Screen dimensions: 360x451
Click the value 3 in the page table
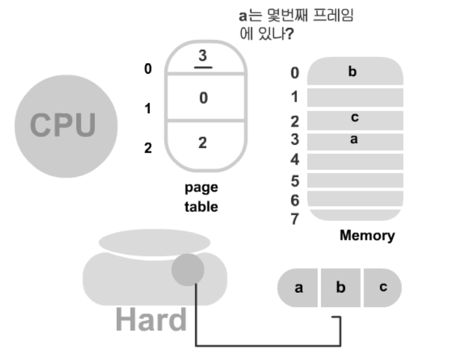click(x=203, y=55)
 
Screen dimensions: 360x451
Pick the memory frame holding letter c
click(x=354, y=119)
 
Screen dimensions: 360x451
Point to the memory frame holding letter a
click(x=354, y=140)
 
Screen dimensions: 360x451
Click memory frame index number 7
click(x=295, y=219)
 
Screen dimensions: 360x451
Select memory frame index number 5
click(x=295, y=182)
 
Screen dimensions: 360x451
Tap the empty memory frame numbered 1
click(x=354, y=97)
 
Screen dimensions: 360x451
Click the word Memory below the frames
click(x=367, y=235)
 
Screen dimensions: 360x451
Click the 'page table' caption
click(x=202, y=197)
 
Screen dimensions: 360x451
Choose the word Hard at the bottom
click(x=151, y=320)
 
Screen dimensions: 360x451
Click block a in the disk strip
click(x=299, y=288)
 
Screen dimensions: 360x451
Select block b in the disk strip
click(x=341, y=288)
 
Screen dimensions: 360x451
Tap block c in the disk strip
click(x=383, y=288)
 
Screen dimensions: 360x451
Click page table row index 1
click(x=148, y=109)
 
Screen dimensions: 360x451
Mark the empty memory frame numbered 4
click(x=354, y=160)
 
